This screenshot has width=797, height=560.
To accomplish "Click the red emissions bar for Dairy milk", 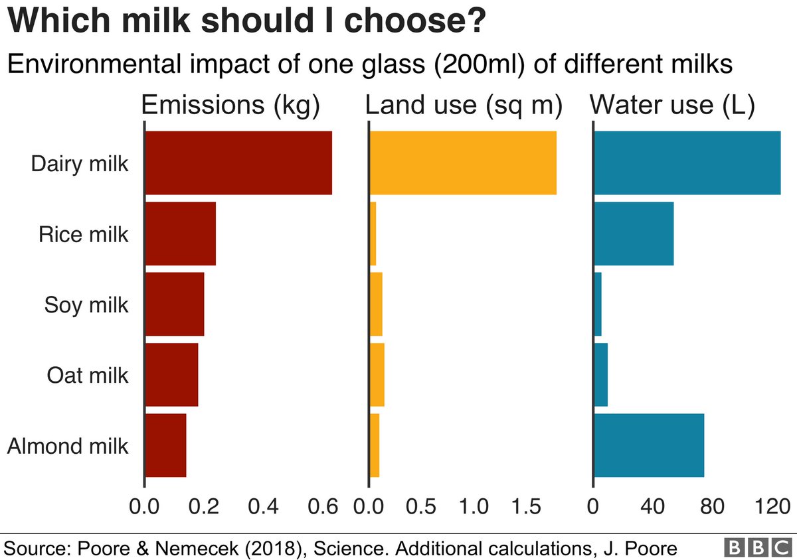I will point(238,163).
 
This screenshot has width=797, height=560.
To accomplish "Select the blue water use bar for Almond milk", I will point(648,445).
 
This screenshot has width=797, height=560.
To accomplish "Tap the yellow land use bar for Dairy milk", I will point(462,163).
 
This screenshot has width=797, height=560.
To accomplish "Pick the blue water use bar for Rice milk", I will point(633,234).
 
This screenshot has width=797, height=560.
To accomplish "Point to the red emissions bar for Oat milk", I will point(171,375).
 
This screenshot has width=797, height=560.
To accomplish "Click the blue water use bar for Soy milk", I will point(597,305).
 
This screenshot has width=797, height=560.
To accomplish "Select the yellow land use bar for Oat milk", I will point(377,375).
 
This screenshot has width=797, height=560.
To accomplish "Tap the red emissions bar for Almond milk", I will point(165,445).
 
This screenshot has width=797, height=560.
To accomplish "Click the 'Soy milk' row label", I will point(86,305).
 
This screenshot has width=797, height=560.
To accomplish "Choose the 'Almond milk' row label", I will point(67,446).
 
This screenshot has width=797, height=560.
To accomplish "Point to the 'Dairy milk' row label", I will point(79,164).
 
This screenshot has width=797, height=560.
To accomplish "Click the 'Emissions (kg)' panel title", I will point(231,106).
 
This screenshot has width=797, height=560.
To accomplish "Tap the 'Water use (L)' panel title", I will point(672,106).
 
